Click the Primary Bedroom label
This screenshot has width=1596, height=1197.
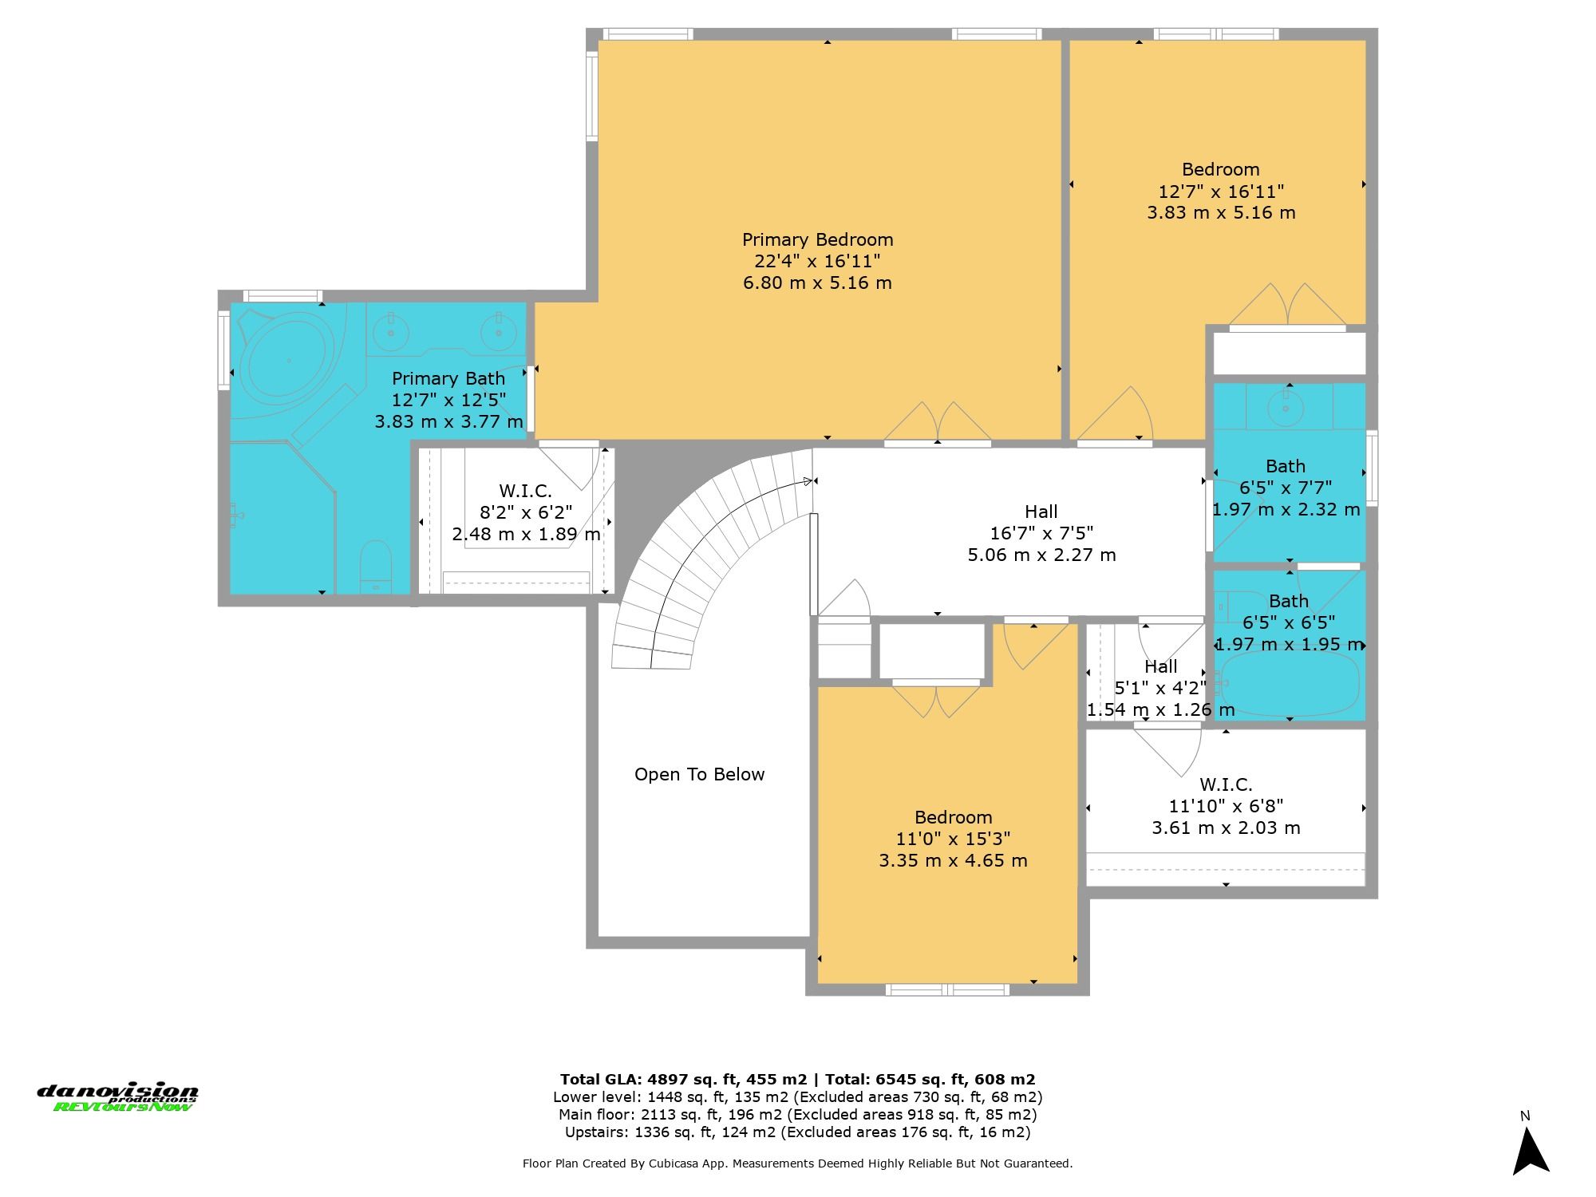pos(817,239)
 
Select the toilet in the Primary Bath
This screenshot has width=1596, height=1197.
pos(375,567)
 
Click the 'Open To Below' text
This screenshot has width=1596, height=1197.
pos(699,774)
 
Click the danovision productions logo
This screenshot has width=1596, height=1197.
pos(117,1097)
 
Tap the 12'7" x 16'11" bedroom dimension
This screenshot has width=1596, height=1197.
pos(1221,192)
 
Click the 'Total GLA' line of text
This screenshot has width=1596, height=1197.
pos(798,1080)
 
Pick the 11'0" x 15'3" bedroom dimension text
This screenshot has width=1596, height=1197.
pos(953,839)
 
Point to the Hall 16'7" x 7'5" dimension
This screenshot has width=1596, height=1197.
pos(1041,533)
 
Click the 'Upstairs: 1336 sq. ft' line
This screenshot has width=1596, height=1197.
pos(798,1132)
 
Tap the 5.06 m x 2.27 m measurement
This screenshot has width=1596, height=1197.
pos(1041,555)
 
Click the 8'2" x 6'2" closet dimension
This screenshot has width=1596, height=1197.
pos(526,512)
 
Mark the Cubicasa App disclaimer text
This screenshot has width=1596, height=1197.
pos(798,1163)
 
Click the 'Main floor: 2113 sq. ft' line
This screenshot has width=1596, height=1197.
pos(798,1115)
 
